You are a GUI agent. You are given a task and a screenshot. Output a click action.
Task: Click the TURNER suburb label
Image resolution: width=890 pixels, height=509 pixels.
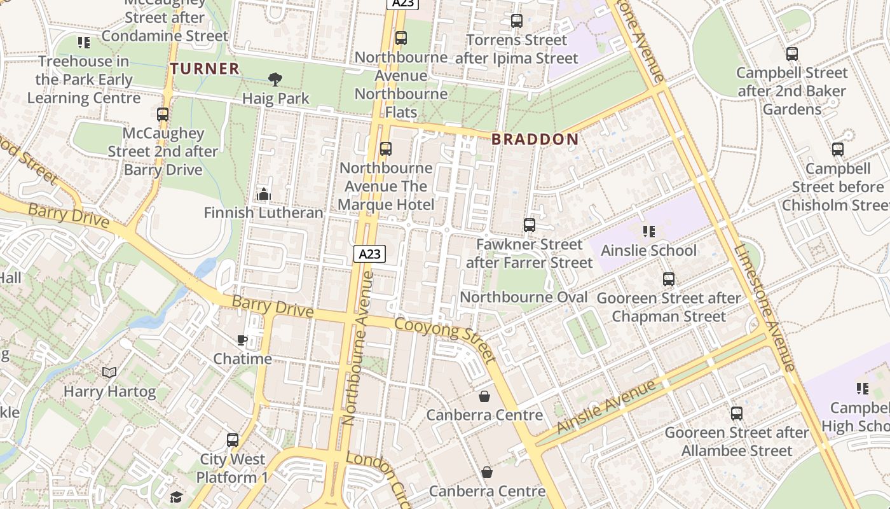[x=205, y=68]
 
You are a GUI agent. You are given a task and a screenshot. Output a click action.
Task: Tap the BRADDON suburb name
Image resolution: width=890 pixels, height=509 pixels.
[x=535, y=139]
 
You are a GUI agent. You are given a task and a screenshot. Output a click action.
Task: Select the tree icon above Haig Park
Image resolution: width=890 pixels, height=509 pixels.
[x=275, y=80]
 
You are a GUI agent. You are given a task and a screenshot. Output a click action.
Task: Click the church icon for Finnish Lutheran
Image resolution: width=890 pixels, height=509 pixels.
[x=263, y=194]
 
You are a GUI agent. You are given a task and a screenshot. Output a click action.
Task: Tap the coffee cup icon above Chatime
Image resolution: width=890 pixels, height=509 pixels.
[x=242, y=340]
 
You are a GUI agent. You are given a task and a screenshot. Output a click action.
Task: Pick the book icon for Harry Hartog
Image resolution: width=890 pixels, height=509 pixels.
[x=109, y=372]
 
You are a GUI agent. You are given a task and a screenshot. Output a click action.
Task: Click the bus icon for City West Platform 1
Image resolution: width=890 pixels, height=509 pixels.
[x=233, y=440]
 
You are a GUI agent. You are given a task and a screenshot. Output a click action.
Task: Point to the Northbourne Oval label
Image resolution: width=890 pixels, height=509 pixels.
[x=523, y=297]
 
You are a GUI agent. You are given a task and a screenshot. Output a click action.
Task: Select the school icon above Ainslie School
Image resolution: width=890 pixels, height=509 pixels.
[x=648, y=231]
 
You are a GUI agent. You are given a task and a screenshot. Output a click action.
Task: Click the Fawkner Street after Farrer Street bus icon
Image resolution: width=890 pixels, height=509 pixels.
[x=529, y=225]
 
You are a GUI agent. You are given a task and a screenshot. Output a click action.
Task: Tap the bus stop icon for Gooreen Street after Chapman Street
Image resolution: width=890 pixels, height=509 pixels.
[x=668, y=279]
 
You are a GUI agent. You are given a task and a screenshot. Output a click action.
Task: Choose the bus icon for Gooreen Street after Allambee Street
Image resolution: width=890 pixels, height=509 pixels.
[x=736, y=413]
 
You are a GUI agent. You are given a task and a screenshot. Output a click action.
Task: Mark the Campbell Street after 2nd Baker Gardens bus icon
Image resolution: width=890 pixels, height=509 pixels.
[x=791, y=53]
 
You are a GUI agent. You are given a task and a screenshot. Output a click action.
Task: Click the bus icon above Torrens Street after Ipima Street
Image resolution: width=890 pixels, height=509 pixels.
[x=516, y=21]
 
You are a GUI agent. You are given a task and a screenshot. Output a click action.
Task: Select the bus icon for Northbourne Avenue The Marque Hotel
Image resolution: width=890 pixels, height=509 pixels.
[x=385, y=149]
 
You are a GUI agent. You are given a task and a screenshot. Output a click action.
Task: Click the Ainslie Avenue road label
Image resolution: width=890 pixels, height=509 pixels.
[x=606, y=407]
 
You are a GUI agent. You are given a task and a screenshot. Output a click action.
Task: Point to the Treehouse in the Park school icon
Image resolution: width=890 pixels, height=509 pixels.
[x=83, y=43]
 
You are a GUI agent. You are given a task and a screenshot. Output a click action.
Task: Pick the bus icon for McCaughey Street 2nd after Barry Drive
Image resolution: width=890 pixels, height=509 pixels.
[x=163, y=115]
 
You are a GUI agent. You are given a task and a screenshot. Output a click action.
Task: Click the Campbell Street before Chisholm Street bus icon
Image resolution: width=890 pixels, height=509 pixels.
[x=837, y=150]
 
